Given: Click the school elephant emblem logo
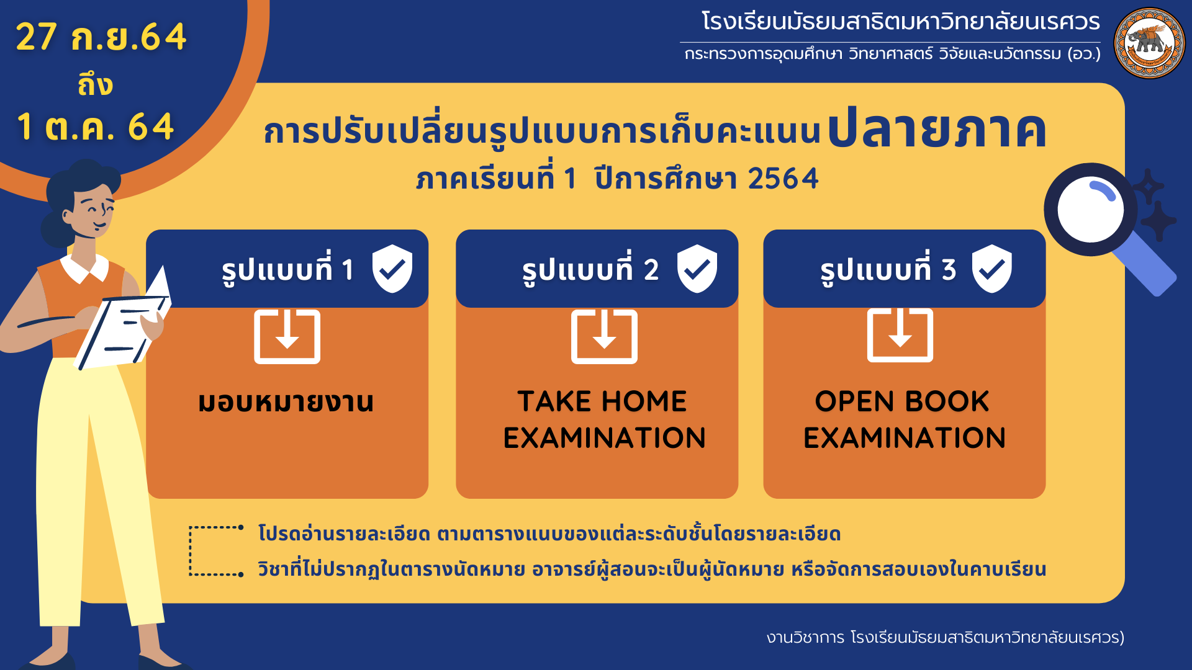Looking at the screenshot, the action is click(x=1149, y=43).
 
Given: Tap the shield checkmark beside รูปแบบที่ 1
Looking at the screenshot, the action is click(x=392, y=269).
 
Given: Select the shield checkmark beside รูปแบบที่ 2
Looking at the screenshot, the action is click(x=697, y=269).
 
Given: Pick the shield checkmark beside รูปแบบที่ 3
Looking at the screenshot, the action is click(x=992, y=269).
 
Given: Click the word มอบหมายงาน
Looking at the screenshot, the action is click(x=286, y=402).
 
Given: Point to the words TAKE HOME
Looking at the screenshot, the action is click(x=602, y=401).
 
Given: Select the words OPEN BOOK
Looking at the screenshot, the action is click(x=902, y=401).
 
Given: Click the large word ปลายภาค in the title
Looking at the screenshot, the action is click(x=937, y=129).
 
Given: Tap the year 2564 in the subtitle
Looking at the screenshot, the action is click(x=783, y=179).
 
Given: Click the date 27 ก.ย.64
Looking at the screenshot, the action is click(x=101, y=37).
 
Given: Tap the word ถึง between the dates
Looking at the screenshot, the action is click(x=95, y=84).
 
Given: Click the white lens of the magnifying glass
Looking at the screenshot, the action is click(x=1091, y=210).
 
